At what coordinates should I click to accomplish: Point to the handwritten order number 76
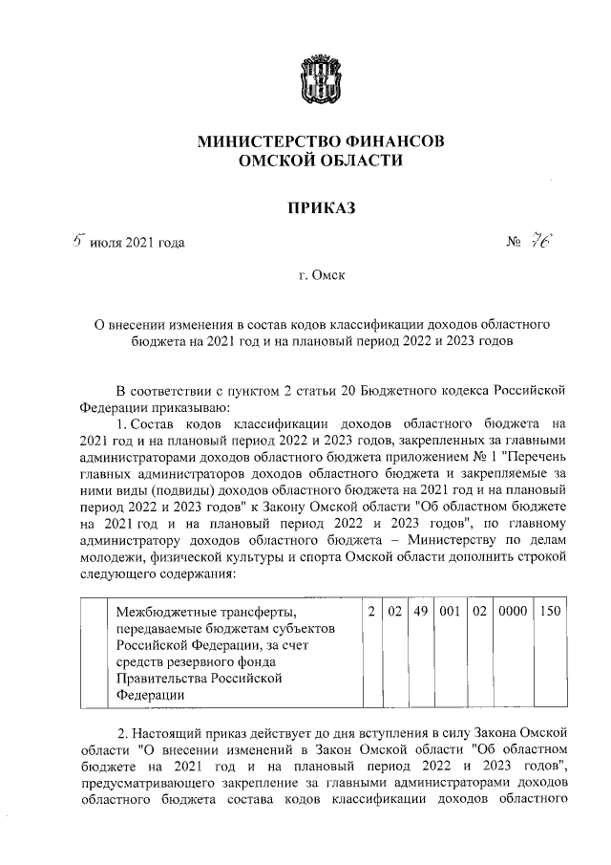point(545,241)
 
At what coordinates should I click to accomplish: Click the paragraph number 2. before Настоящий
point(123,733)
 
